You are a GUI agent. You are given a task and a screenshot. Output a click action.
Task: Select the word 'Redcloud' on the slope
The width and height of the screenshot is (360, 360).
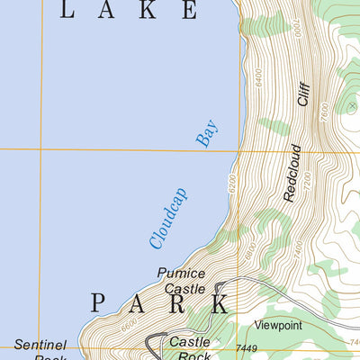[x=290, y=171]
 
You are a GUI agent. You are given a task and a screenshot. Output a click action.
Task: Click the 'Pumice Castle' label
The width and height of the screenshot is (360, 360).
[x=181, y=281]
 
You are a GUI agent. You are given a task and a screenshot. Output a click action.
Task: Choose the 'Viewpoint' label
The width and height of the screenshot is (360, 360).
[x=278, y=324]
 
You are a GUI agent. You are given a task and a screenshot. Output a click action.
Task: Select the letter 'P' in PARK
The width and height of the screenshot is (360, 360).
[x=99, y=302]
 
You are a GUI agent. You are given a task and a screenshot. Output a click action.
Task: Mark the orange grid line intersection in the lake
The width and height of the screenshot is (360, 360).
[x=40, y=149]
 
